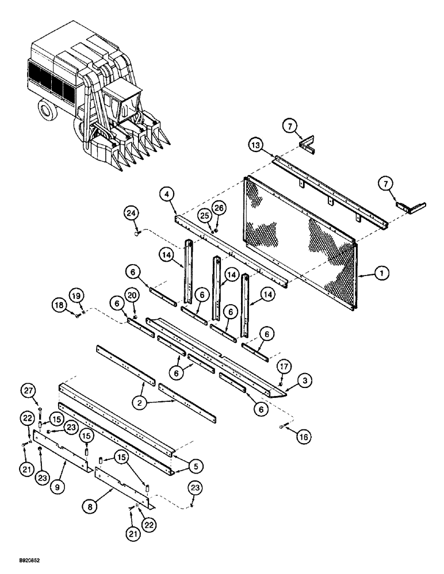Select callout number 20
pyautogui.click(x=132, y=295)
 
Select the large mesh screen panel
pyautogui.click(x=299, y=241)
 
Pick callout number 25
pyautogui.click(x=203, y=215)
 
